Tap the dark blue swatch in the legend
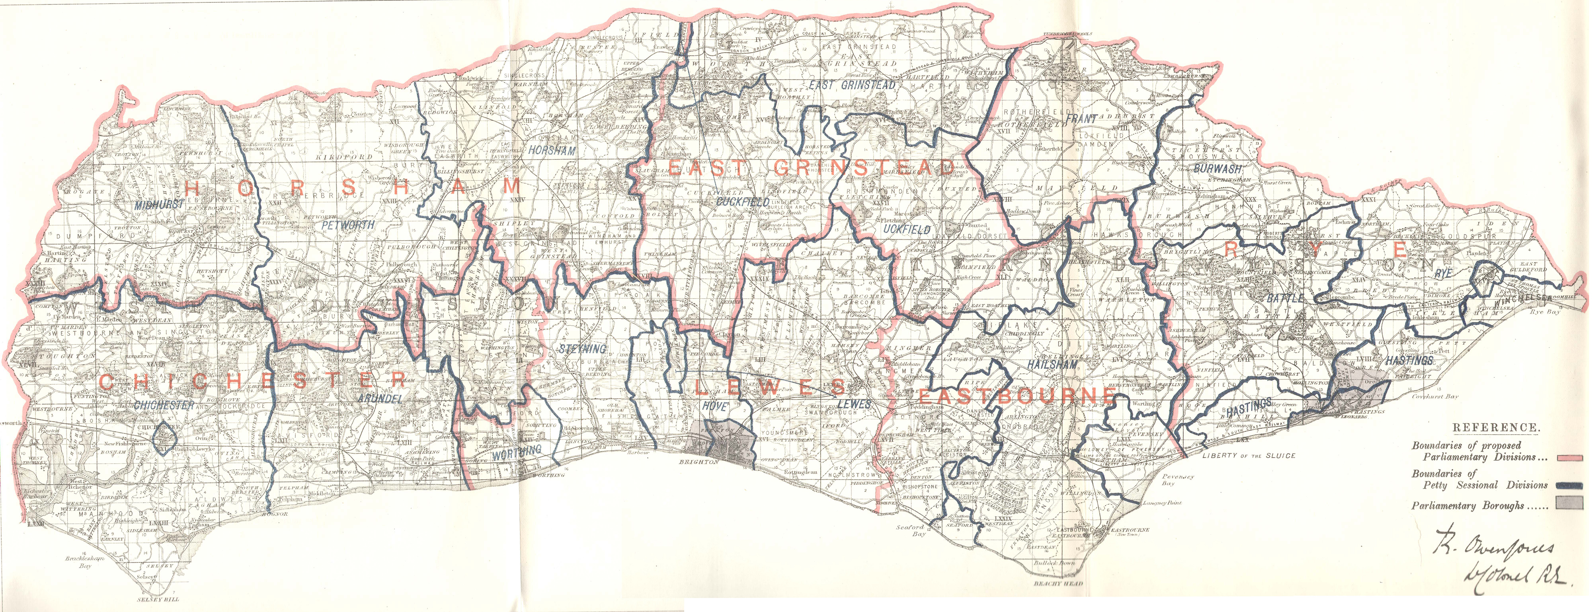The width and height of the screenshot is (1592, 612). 1573,486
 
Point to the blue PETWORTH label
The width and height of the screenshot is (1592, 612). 348,225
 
